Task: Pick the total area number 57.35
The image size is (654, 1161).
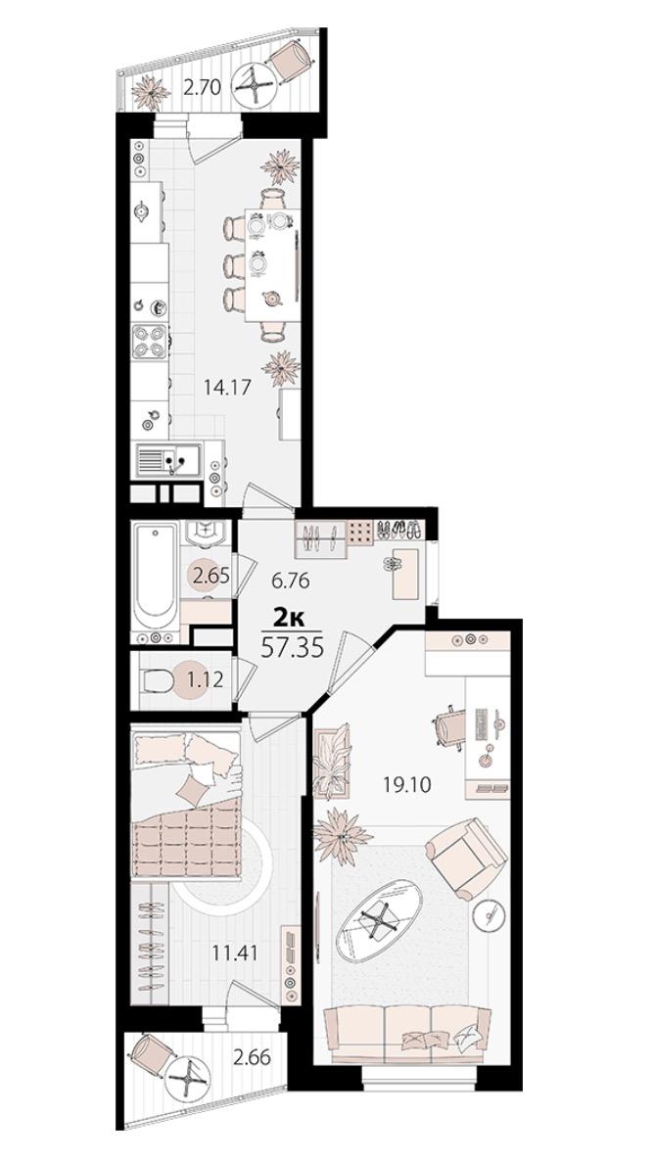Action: point(294,648)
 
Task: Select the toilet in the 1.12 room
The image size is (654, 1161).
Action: point(159,679)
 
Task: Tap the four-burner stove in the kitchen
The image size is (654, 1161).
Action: point(150,342)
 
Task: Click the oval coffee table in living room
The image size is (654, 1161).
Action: point(379,921)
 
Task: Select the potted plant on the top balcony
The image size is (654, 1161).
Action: point(151,93)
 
